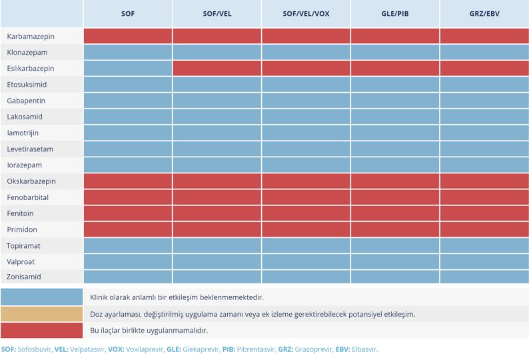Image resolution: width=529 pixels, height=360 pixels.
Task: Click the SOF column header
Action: tap(128, 14)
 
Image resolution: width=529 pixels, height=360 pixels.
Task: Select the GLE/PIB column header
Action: tap(395, 14)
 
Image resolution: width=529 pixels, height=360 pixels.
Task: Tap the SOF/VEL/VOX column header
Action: tap(306, 14)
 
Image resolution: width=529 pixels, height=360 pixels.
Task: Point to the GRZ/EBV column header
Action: tap(484, 14)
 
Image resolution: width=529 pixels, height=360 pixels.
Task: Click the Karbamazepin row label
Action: tap(31, 36)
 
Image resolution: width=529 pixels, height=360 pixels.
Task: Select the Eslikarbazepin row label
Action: tap(31, 68)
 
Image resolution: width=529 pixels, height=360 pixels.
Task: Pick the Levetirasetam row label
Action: tap(30, 149)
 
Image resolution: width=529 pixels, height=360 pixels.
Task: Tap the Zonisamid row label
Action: tap(25, 277)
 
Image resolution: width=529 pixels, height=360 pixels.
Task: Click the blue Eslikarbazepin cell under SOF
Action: tap(128, 68)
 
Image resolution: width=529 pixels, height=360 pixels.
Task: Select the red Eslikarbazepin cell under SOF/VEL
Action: tap(217, 68)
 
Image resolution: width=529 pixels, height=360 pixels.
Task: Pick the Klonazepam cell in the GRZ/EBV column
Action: tap(484, 52)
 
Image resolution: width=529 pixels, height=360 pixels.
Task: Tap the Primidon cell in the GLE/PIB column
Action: tap(395, 229)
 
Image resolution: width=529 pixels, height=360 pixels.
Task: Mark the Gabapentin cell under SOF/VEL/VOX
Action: tap(306, 101)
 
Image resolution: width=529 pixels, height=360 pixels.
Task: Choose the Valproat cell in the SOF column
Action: tap(128, 261)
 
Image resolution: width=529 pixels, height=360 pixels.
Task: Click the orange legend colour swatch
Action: tap(42, 313)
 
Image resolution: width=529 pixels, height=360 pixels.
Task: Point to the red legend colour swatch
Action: tap(42, 330)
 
